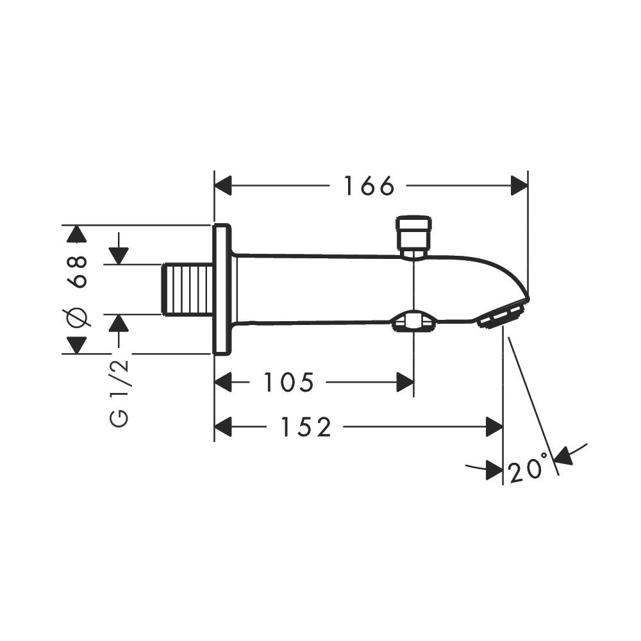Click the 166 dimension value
point(369,186)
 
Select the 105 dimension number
point(288,382)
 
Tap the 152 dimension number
point(306,427)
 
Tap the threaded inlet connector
point(188,290)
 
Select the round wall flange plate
point(222,289)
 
